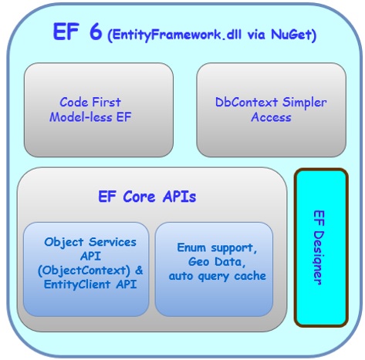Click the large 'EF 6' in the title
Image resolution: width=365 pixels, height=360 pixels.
76,33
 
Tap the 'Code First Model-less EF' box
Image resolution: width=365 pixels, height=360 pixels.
98,109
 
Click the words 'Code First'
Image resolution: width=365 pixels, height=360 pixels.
90,102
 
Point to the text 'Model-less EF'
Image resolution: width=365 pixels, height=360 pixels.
90,117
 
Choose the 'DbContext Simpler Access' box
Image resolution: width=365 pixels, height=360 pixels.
271,109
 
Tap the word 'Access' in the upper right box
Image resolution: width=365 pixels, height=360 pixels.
271,117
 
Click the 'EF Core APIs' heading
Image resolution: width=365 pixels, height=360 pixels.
147,196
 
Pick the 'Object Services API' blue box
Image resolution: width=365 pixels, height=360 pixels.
86,269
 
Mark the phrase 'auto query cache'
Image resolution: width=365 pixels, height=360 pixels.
215,275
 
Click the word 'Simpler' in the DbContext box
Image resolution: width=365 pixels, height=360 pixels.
304,102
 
